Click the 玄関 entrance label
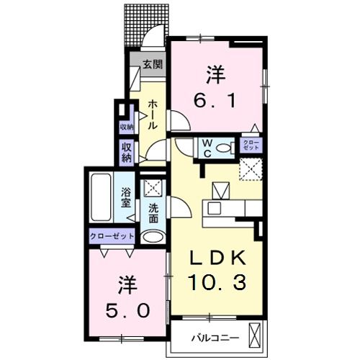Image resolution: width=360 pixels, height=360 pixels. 151,64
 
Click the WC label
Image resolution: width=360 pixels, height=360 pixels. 207,148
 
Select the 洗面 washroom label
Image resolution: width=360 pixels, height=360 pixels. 153,214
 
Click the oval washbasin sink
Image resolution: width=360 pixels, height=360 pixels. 153,236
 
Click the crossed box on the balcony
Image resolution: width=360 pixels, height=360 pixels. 255,336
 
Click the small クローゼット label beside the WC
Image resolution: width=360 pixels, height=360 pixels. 252,145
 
